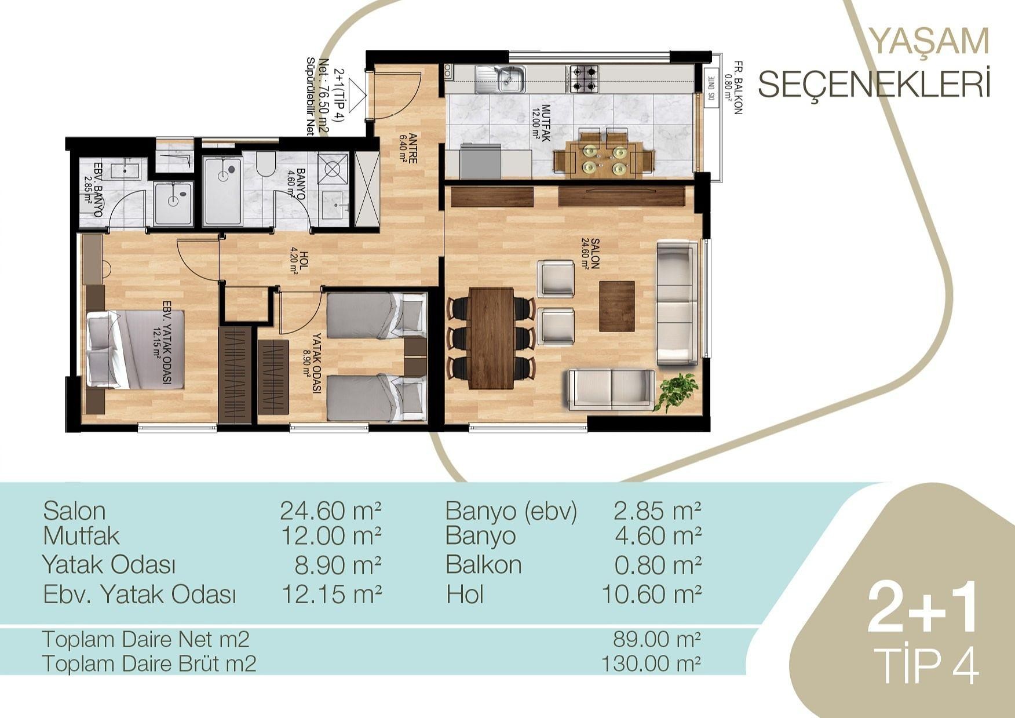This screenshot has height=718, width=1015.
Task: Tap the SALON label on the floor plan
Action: (590, 253)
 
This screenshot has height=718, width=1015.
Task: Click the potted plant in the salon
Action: (676, 391)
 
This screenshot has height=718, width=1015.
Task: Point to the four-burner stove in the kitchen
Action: (583, 79)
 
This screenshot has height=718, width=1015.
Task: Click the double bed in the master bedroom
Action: (136, 349)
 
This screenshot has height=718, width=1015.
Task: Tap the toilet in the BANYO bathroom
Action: (265, 164)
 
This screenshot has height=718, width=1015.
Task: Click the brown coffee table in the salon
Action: (617, 305)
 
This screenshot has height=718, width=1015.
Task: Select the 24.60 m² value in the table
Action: (331, 511)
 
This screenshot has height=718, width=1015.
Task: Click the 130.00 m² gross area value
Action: (651, 662)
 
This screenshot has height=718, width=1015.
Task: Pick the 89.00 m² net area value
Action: (657, 639)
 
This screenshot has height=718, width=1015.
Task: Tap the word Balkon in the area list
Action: (483, 564)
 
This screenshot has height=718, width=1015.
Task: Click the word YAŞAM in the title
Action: (930, 41)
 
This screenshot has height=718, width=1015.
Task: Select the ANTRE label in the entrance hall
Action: (408, 148)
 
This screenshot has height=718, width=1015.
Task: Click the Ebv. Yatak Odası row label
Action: (140, 594)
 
